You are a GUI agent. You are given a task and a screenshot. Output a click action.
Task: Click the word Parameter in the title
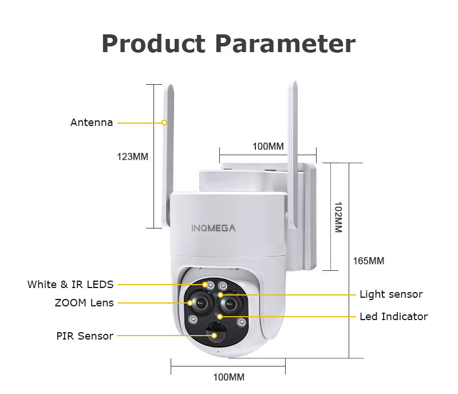(285, 44)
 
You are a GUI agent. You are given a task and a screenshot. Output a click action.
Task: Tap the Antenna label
(92, 123)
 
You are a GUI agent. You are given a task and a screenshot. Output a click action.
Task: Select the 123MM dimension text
(133, 156)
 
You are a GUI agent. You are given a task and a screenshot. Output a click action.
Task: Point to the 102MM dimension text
(337, 216)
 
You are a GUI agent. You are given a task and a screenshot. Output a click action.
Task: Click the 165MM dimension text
(368, 261)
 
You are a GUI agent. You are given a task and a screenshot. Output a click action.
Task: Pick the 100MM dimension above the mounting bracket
(268, 146)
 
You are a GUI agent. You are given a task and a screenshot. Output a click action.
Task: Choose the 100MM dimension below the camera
(228, 377)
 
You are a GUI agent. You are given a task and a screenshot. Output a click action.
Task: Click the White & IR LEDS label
(70, 284)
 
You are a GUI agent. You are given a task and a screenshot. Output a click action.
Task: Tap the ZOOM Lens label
(84, 302)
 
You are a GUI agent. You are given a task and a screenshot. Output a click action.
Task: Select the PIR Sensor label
(85, 336)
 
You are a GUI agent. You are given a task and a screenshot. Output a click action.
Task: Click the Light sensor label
(391, 294)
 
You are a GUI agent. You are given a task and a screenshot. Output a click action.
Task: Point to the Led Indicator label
(393, 316)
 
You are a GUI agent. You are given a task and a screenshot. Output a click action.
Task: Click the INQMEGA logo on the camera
(213, 228)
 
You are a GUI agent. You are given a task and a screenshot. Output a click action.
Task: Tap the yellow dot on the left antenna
(164, 123)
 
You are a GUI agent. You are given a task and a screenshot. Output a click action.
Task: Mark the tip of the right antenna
(294, 84)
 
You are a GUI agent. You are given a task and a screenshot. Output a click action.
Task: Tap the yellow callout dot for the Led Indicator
(219, 316)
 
